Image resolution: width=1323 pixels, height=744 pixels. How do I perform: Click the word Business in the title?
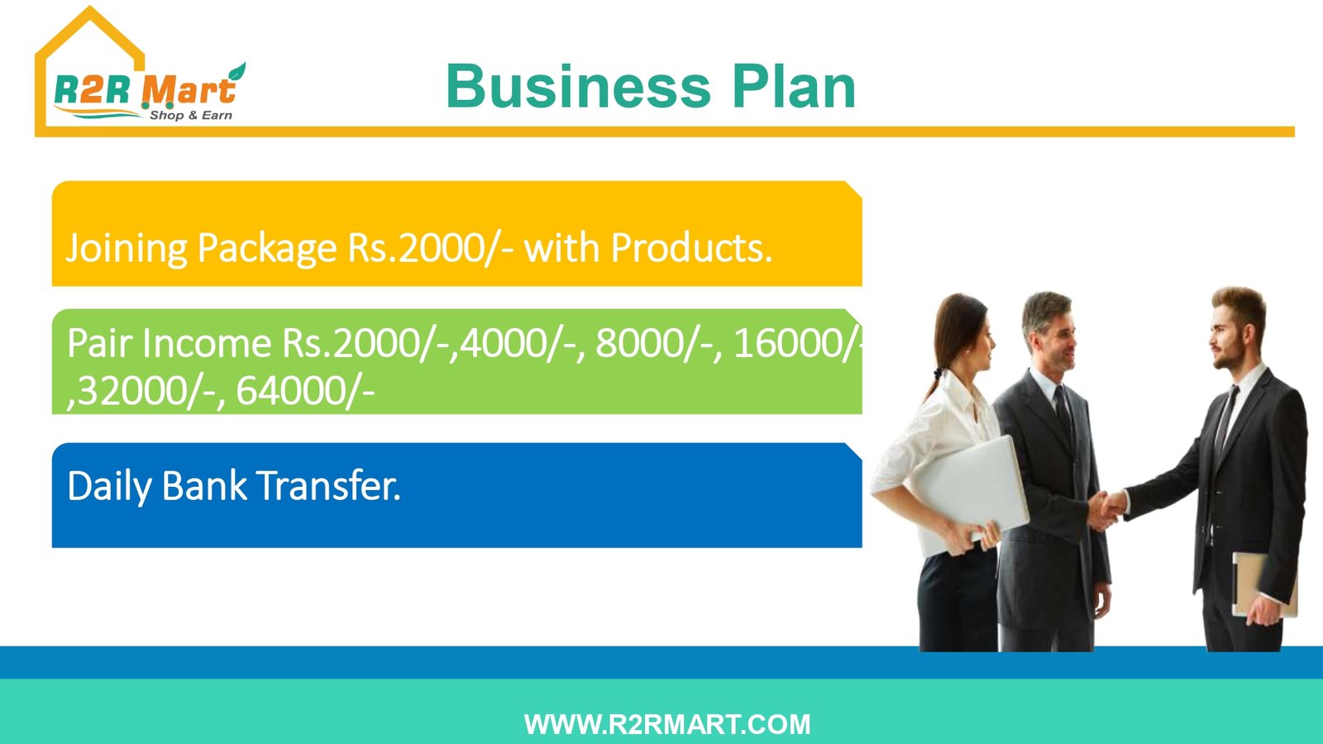click(x=578, y=87)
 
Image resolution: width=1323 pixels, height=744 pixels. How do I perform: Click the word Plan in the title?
click(x=795, y=87)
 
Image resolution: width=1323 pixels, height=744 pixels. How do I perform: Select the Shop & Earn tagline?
click(x=191, y=115)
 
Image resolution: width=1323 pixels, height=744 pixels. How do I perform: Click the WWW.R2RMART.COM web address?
click(x=667, y=724)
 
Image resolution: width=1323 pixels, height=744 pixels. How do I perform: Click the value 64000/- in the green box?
click(x=305, y=391)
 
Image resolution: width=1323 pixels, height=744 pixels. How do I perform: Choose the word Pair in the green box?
click(x=98, y=343)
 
